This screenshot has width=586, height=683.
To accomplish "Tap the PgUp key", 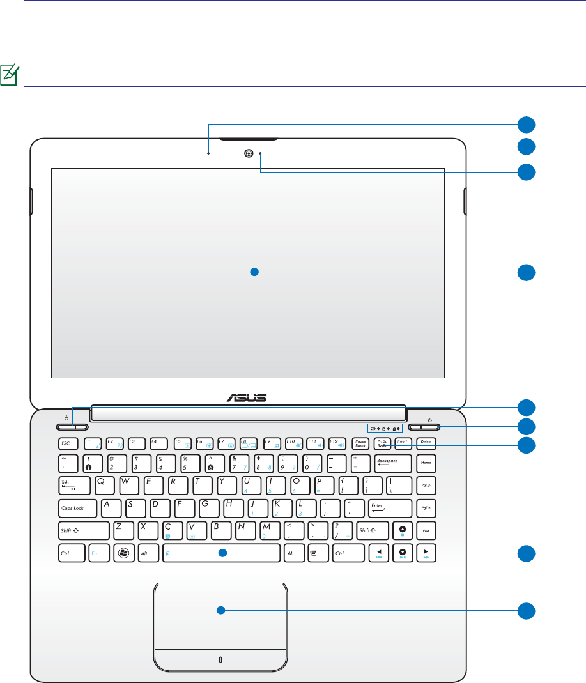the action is click(426, 485).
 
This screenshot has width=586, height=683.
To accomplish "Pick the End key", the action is click(426, 531).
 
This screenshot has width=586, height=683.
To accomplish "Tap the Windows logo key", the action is click(122, 553).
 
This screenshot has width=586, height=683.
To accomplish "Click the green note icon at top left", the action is click(11, 75).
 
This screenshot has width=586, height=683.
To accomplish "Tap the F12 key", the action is click(337, 442).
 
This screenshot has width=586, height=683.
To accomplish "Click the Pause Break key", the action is click(360, 442).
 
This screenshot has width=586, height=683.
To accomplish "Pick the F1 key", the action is click(93, 442).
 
